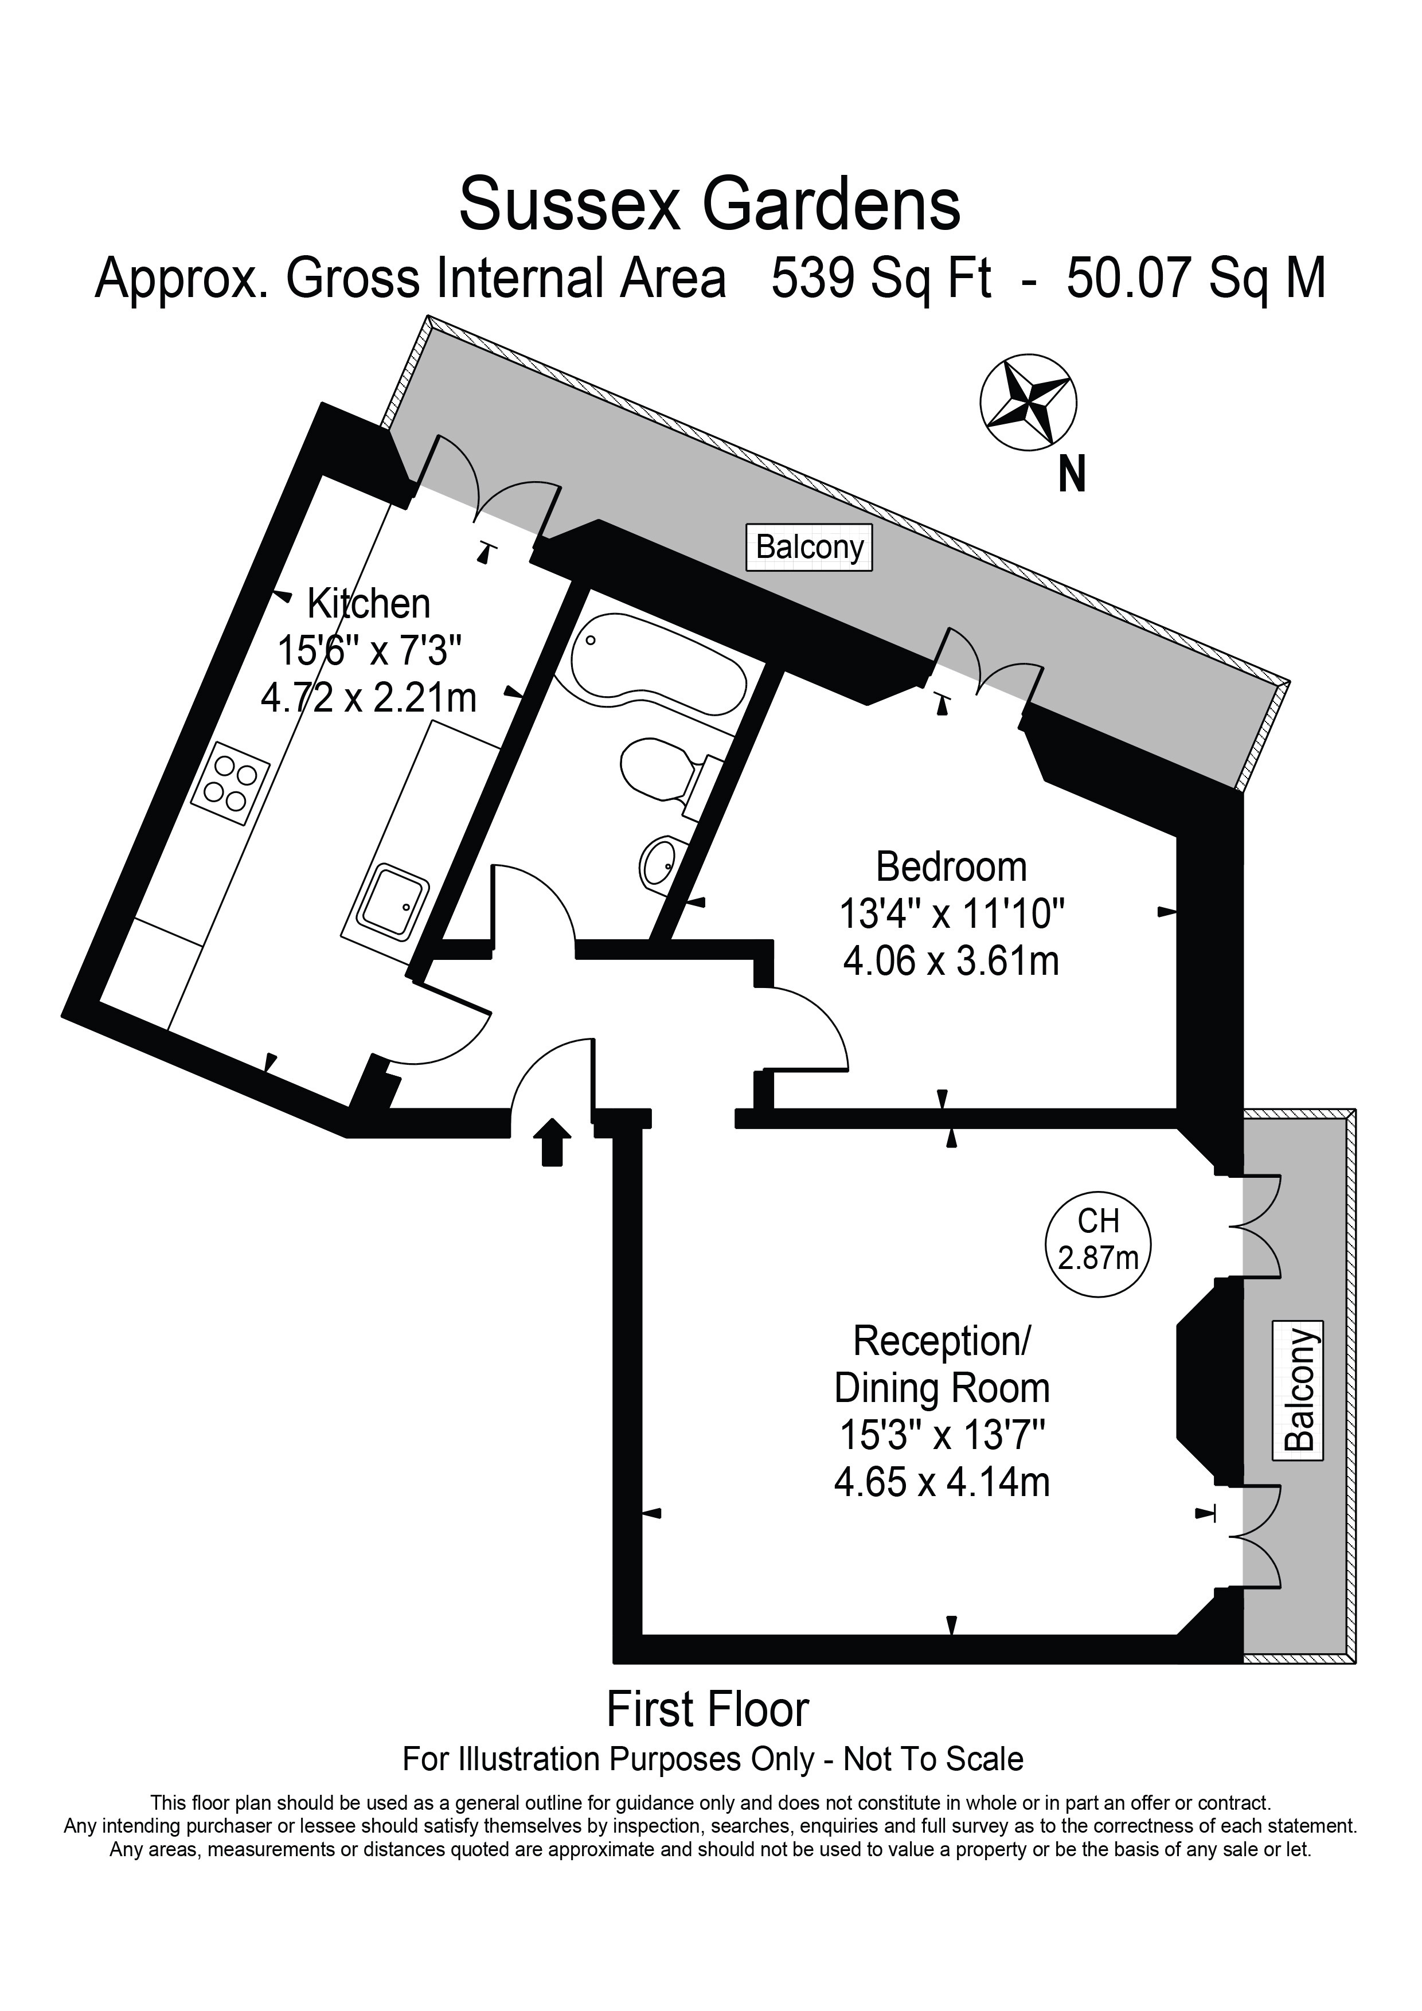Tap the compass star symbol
(1028, 403)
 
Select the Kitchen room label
(369, 604)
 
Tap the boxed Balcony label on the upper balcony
(809, 548)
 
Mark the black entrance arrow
(551, 1141)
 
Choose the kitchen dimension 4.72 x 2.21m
(369, 698)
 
